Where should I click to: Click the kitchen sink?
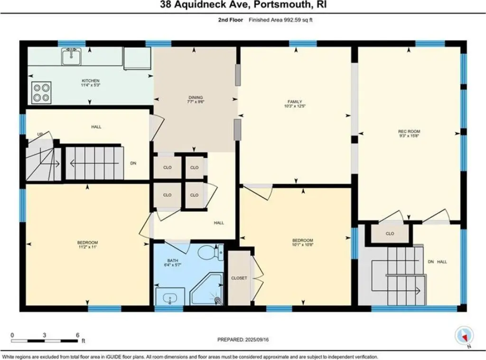71,57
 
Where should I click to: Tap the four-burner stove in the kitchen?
42,93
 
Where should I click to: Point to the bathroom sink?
170,296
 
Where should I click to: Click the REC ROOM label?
409,132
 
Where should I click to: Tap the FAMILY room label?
294,102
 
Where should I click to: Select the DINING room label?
196,97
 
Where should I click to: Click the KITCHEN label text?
91,81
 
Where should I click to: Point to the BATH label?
173,261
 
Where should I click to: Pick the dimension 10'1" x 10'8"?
302,245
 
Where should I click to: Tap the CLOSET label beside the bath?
239,278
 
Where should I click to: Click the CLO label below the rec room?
390,234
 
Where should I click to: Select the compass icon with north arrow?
464,336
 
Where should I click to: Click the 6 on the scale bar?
77,335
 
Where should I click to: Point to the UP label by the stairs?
40,134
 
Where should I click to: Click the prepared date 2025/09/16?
257,340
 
